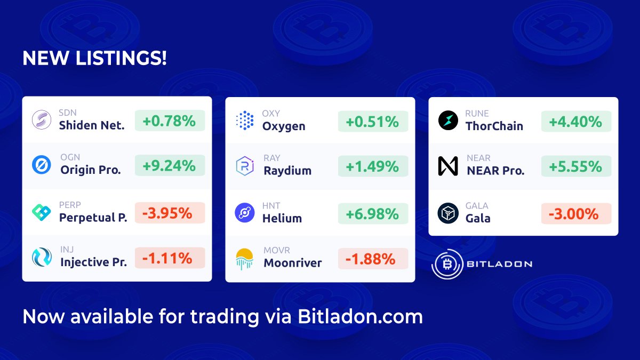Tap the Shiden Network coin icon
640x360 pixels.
click(x=41, y=121)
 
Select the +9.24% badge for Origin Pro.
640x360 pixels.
click(x=170, y=166)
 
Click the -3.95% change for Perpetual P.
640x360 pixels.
click(x=170, y=213)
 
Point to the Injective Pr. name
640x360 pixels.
click(x=93, y=262)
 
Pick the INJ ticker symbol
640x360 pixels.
click(x=67, y=250)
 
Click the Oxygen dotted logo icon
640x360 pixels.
click(x=245, y=121)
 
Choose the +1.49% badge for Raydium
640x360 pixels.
click(x=373, y=167)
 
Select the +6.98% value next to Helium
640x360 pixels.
click(x=373, y=214)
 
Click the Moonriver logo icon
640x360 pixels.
click(x=245, y=259)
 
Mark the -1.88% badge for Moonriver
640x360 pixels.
click(x=373, y=259)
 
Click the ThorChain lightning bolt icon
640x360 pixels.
click(x=448, y=121)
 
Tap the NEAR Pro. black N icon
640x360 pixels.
click(x=448, y=166)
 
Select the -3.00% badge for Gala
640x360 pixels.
click(x=576, y=214)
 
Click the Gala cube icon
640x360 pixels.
click(x=448, y=213)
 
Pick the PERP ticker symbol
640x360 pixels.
click(x=70, y=205)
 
